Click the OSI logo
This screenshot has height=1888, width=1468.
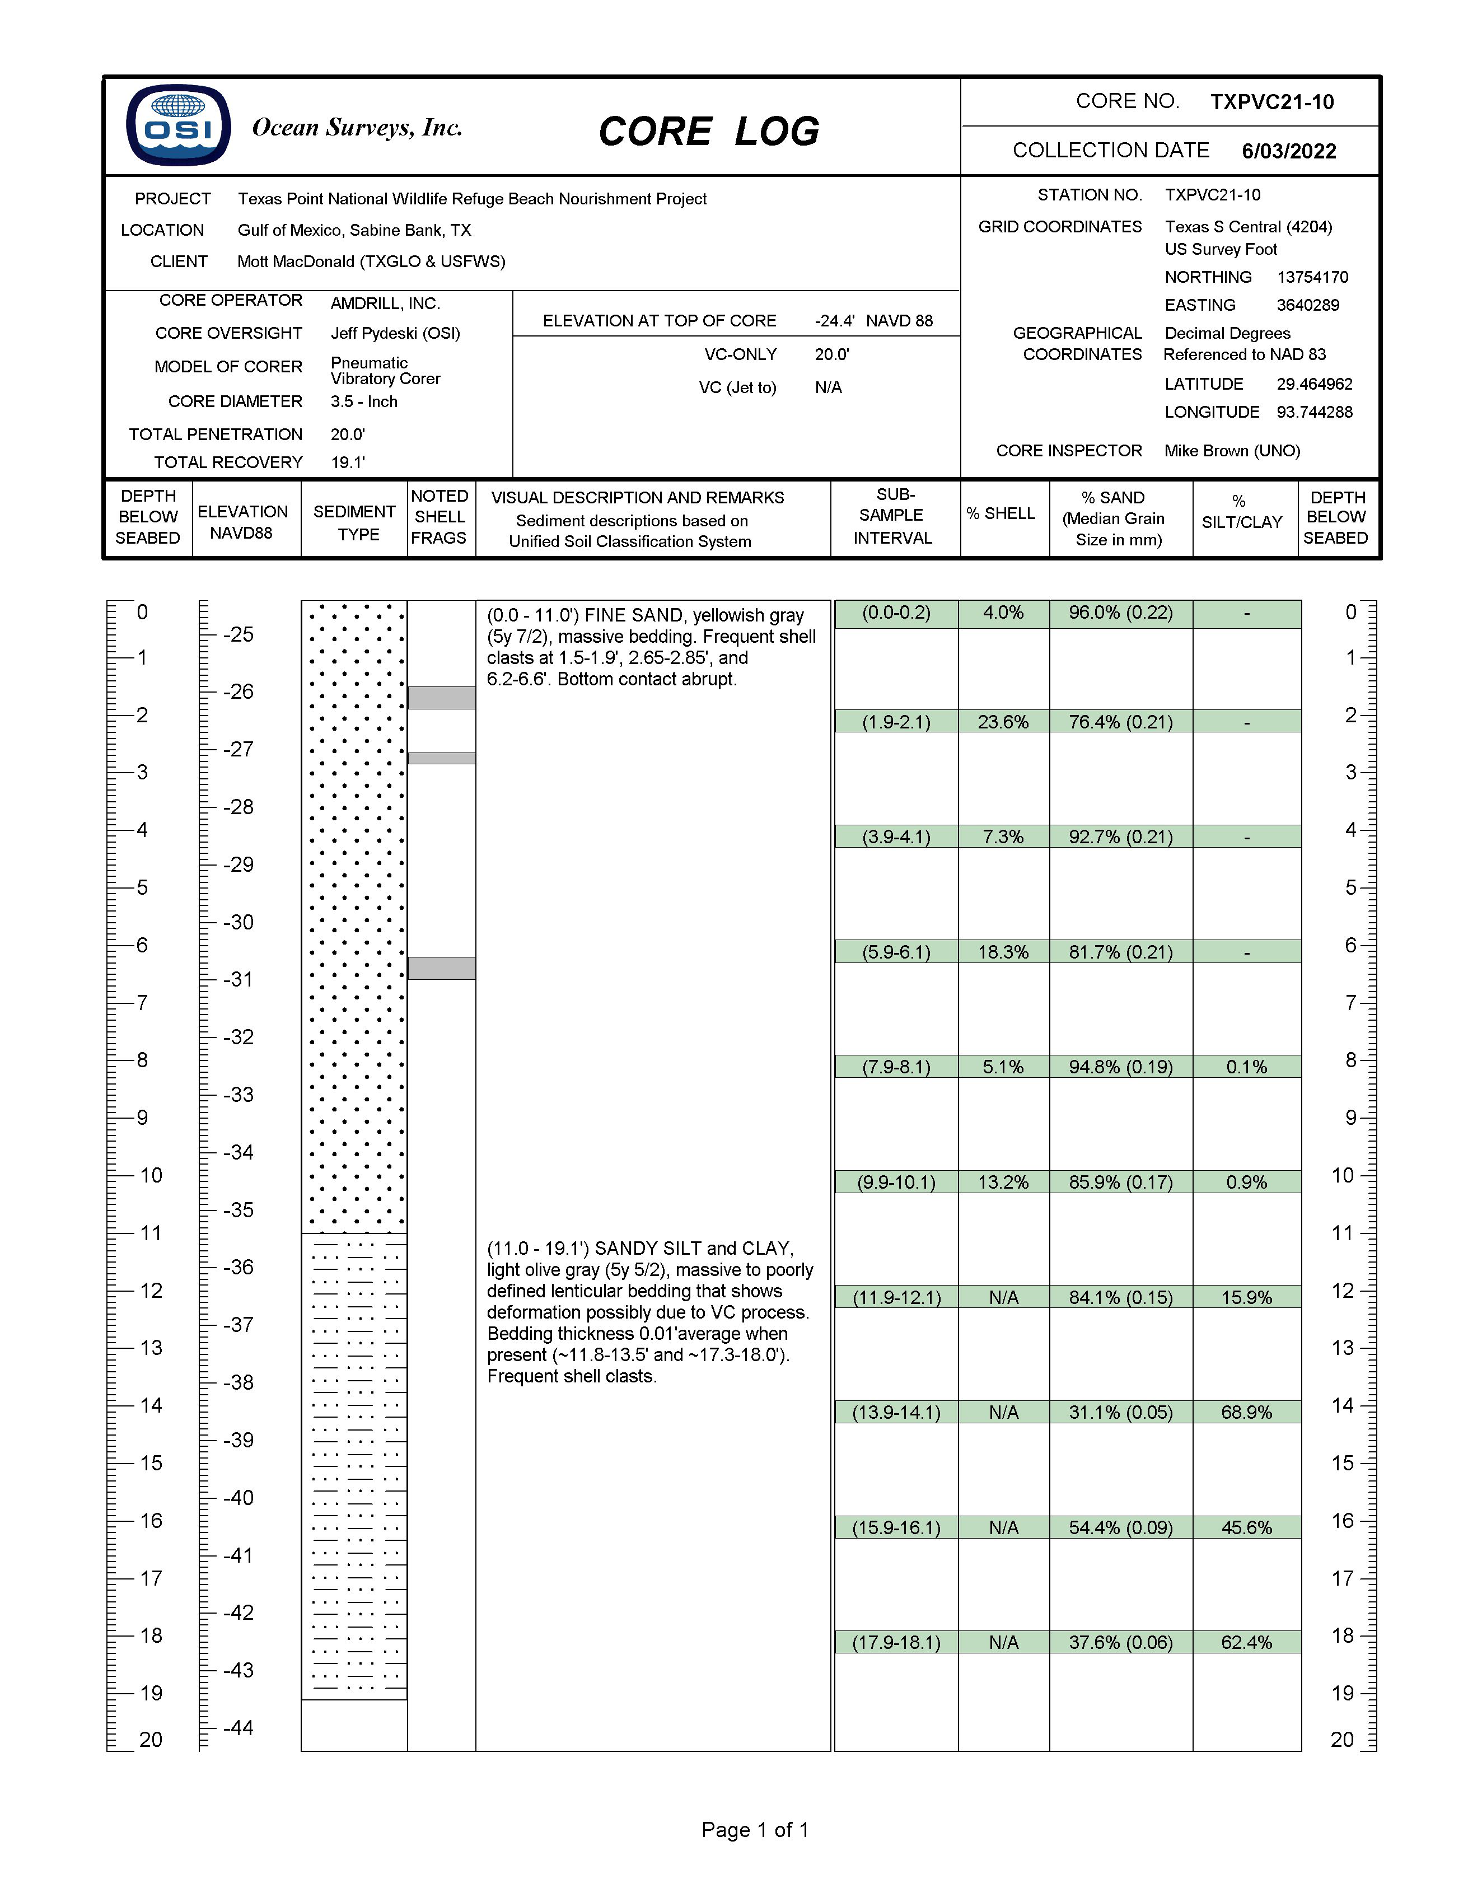(x=178, y=125)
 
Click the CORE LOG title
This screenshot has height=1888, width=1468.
(x=709, y=132)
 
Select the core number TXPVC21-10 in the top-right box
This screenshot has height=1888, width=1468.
(x=1271, y=102)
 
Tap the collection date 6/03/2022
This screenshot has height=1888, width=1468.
(x=1289, y=151)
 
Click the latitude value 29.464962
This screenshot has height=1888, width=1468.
(x=1314, y=384)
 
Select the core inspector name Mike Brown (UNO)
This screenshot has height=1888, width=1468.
(x=1232, y=450)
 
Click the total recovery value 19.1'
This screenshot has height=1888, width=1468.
(x=348, y=462)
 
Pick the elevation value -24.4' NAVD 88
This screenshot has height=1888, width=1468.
(x=873, y=321)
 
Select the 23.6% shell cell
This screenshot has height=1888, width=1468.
(x=1003, y=722)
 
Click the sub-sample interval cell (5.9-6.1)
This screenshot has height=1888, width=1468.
(x=896, y=952)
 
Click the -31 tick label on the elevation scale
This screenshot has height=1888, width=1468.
(x=238, y=979)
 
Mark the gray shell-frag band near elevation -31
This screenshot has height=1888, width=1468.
(x=441, y=968)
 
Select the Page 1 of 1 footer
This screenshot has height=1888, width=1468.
(x=755, y=1829)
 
